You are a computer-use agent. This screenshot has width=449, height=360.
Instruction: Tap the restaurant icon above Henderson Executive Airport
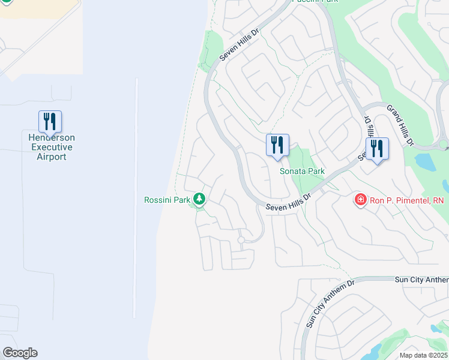point(50,121)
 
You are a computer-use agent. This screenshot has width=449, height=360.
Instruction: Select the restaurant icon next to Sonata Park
point(277,146)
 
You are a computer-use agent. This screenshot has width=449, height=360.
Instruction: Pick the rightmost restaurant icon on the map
point(377,149)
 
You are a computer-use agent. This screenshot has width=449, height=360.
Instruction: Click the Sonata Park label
point(302,171)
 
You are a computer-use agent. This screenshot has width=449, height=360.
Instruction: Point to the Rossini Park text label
point(167,200)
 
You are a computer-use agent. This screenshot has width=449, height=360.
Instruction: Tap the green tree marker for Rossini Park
point(199,199)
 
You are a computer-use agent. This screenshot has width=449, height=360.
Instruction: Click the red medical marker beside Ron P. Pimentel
point(360,200)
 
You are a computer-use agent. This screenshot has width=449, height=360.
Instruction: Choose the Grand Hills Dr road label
point(400,125)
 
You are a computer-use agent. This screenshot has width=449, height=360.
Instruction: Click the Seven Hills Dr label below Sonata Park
point(288,202)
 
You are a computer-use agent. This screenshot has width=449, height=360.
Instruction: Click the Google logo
point(20,353)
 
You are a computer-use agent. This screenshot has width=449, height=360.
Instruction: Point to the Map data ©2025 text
point(423,355)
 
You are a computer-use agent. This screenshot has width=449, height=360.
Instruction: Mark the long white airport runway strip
point(136,198)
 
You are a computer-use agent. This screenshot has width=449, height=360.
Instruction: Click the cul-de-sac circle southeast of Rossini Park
point(240,240)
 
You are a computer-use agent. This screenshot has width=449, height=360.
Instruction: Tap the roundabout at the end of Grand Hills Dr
point(444,145)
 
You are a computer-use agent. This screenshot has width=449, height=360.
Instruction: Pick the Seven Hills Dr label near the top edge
point(238,45)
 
